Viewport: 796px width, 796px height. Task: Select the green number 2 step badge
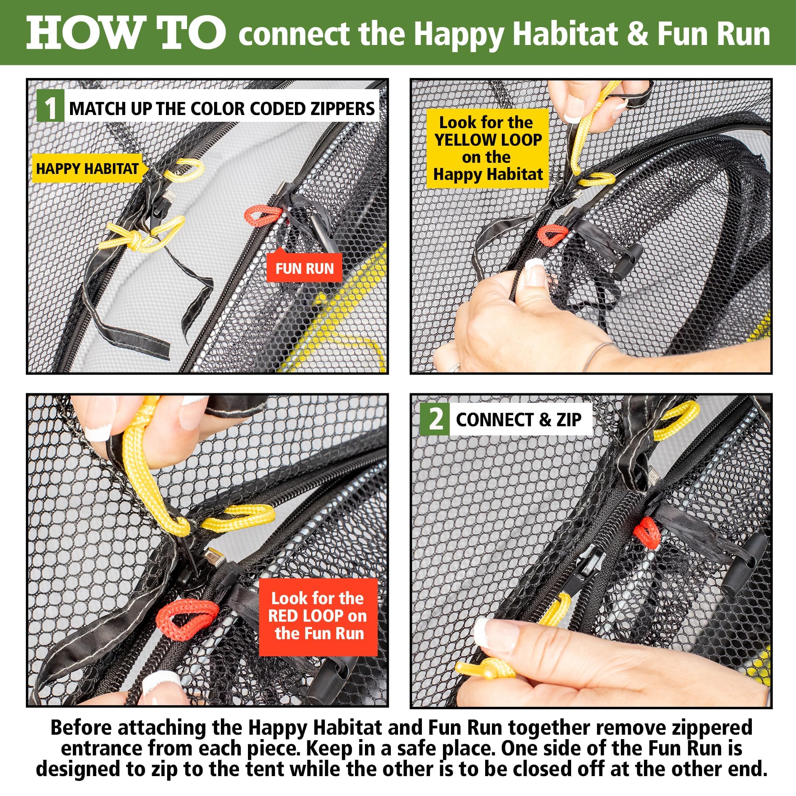point(435,420)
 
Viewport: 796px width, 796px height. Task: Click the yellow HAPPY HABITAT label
point(87,168)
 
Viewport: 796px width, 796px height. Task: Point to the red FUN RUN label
point(304,269)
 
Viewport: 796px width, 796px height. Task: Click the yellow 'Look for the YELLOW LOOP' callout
point(488,148)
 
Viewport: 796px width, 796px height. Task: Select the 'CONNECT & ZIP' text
point(518,420)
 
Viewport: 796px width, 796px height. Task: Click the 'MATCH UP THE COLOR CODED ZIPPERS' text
point(222,108)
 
